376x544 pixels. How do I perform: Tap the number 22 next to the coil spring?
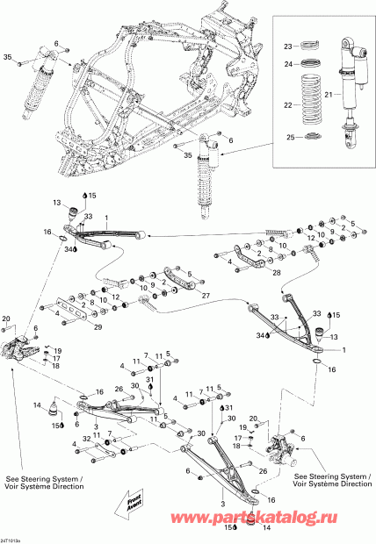(286, 106)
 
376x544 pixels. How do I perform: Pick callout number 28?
(252, 274)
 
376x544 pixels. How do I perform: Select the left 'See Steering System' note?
(45, 483)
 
